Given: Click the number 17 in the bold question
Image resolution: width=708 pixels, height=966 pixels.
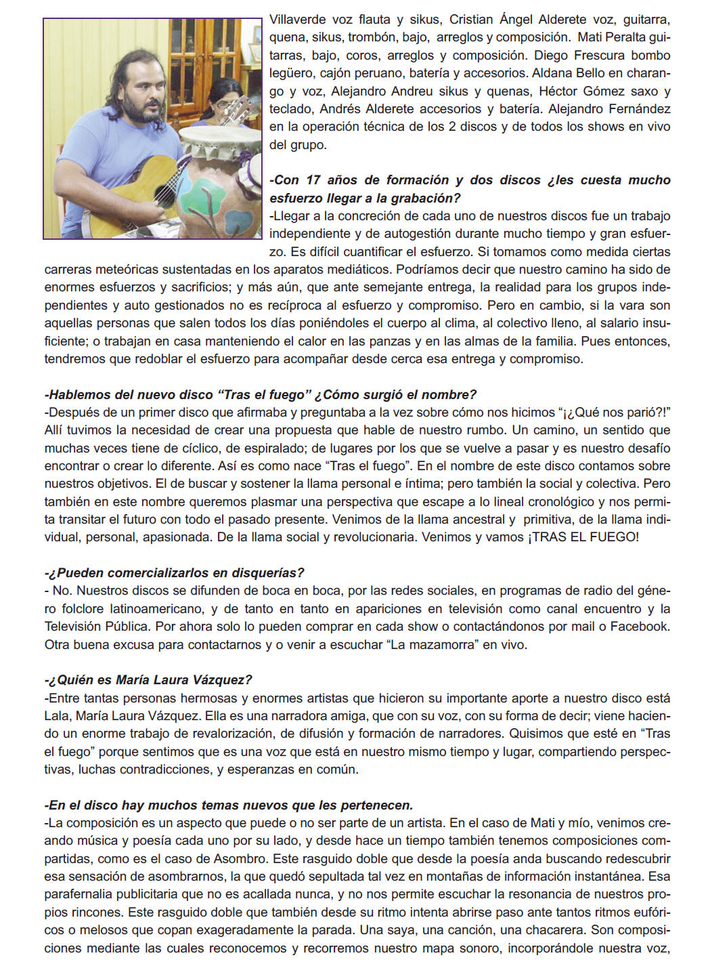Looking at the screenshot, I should tap(313, 180).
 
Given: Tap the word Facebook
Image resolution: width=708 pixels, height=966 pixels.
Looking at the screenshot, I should tap(639, 627).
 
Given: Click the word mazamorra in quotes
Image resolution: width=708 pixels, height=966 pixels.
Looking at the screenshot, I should tap(431, 645).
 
